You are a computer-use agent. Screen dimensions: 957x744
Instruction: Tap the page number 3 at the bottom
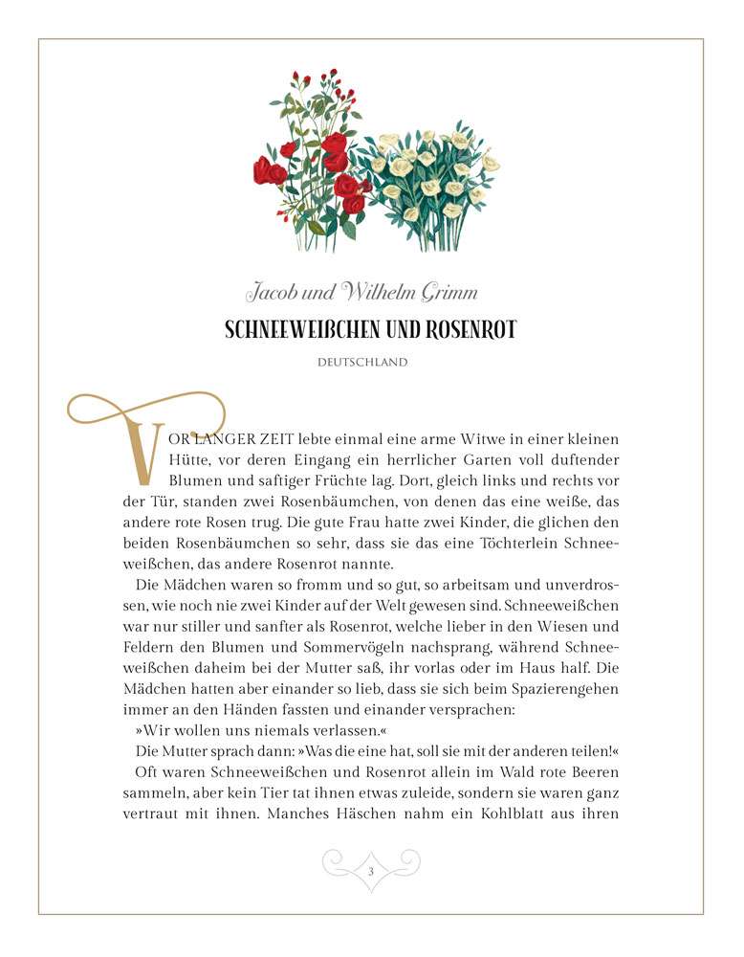click(371, 870)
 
